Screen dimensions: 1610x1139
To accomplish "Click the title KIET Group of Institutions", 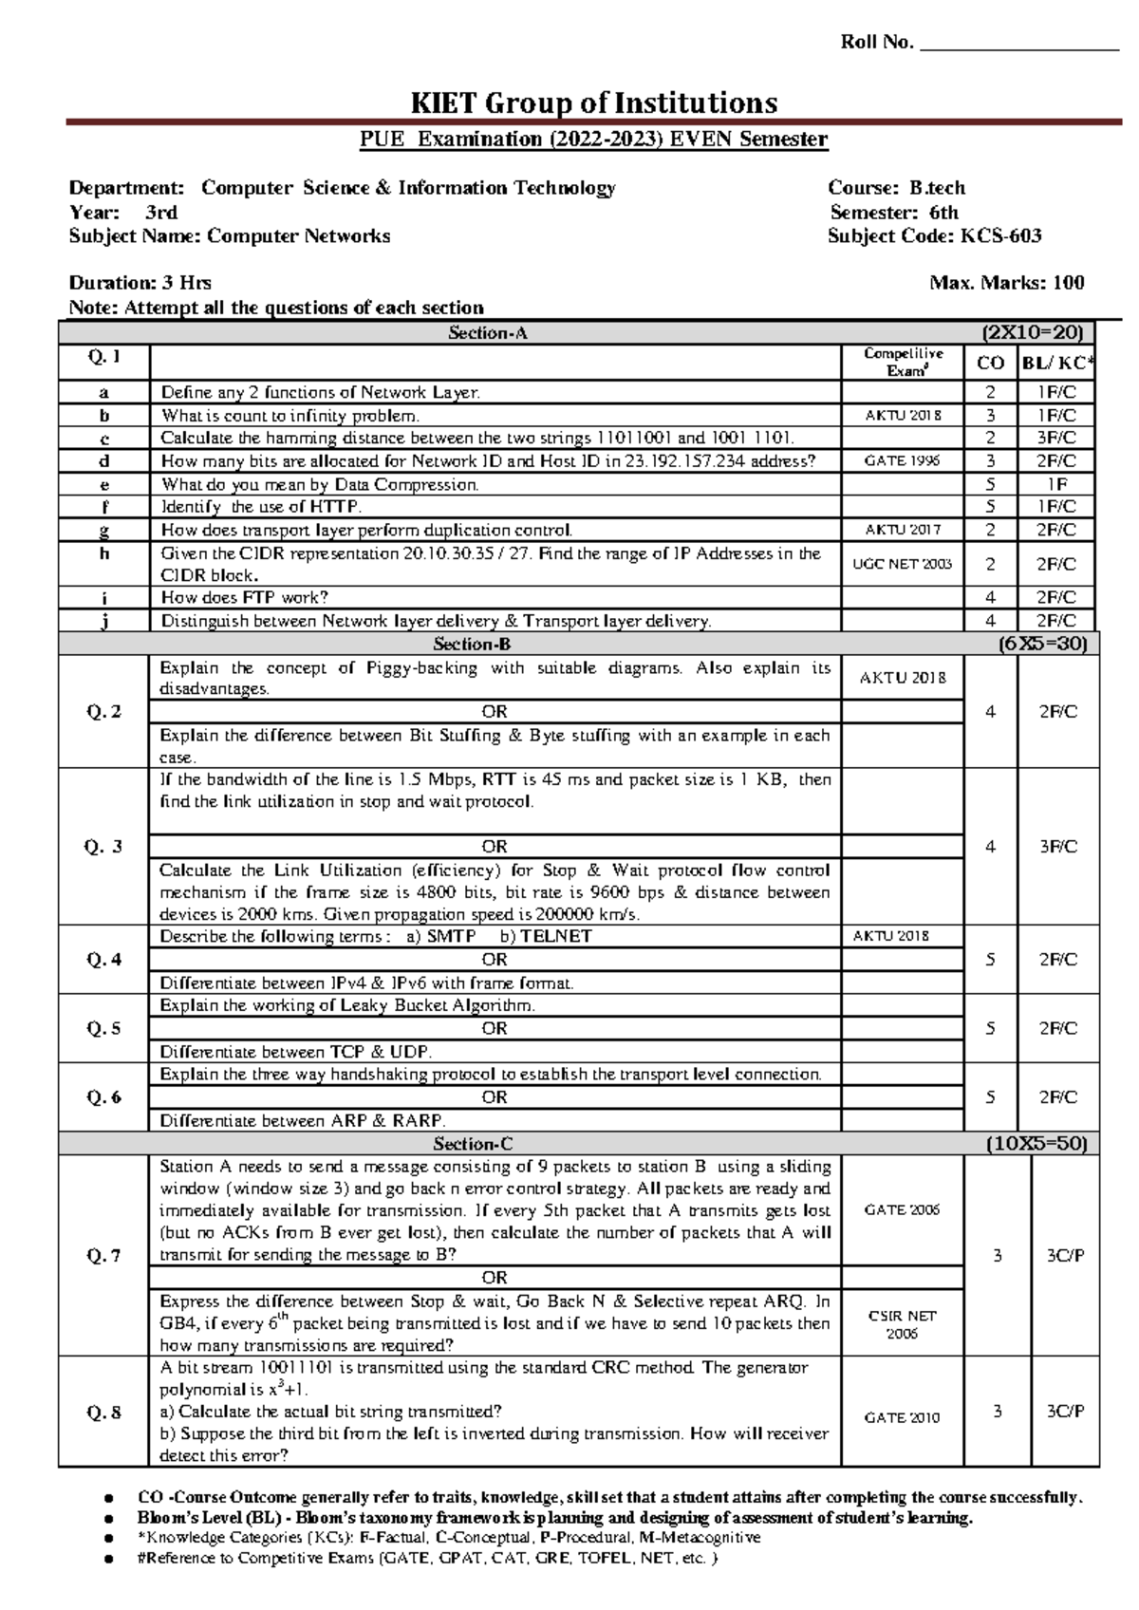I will click(592, 103).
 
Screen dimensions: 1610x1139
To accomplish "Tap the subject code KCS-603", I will click(1000, 236).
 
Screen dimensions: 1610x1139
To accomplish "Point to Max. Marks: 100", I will click(1008, 283).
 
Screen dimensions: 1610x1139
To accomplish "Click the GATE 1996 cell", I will click(902, 461).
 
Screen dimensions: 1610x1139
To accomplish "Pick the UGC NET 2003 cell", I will click(902, 564).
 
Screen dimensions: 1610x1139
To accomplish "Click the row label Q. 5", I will click(103, 1028).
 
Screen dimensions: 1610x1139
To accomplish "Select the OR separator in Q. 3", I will click(495, 847).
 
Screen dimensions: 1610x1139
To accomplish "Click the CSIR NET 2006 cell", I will click(902, 1324).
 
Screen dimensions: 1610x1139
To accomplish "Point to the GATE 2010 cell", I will click(902, 1417).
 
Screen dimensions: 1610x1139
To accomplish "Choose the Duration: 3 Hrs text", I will click(140, 283).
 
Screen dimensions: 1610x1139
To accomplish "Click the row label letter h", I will click(103, 554).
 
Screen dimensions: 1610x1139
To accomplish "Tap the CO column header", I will click(990, 363).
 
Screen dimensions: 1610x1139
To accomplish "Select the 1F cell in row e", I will click(1056, 484).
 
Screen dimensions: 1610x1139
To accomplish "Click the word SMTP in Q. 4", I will click(452, 937).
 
